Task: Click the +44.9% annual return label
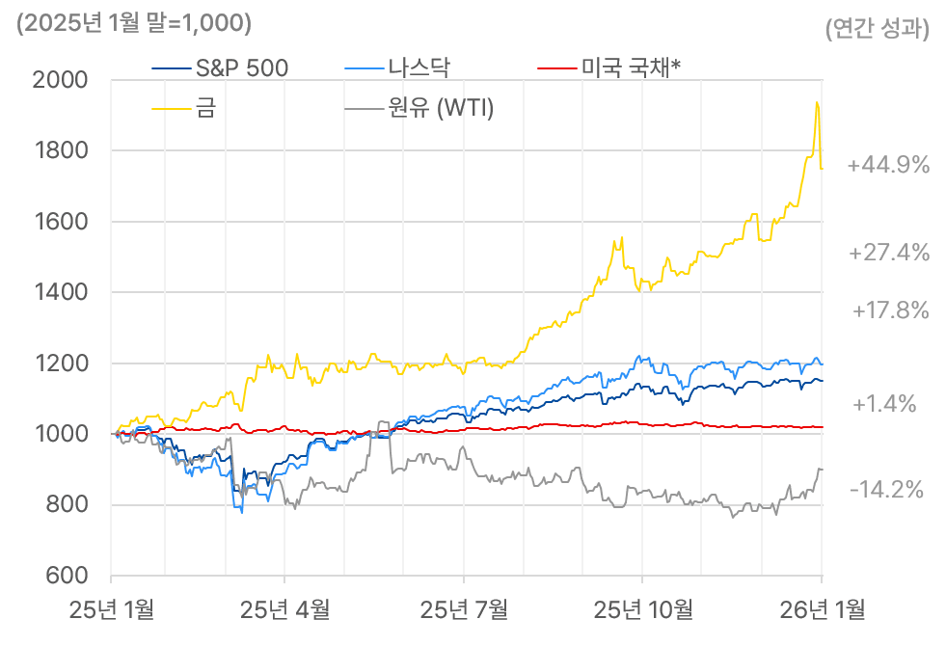coord(888,166)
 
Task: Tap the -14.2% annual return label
coord(887,490)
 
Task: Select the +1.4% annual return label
coord(884,404)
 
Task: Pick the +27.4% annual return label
coord(889,254)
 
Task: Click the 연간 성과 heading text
coord(878,29)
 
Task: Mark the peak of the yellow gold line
coord(817,102)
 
